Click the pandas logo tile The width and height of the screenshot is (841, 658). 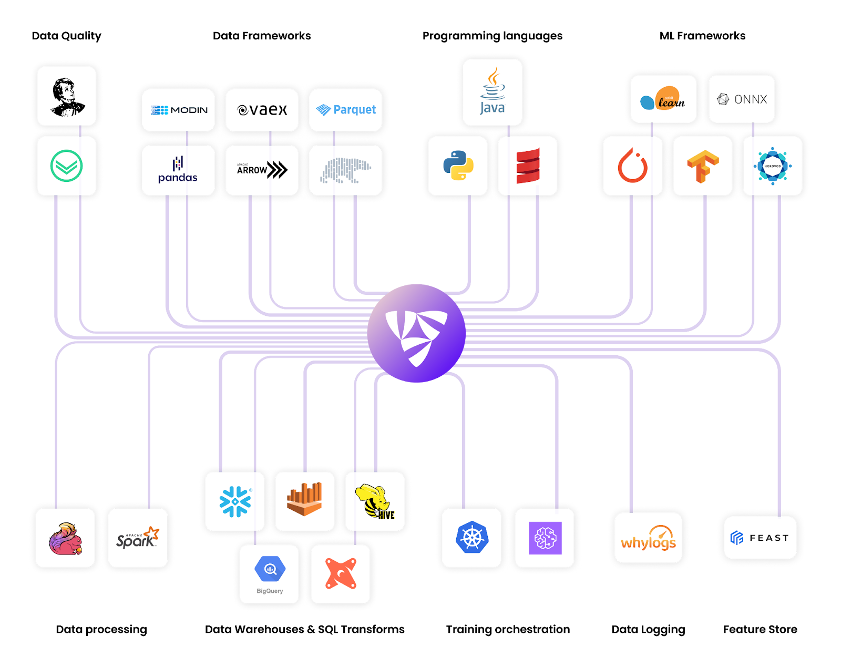point(178,170)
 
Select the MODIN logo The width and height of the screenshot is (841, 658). point(179,110)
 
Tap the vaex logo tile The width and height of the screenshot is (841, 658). point(262,110)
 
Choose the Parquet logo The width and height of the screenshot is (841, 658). point(346,110)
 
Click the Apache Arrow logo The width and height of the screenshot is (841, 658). point(262,170)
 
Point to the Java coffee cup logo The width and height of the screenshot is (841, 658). point(493,92)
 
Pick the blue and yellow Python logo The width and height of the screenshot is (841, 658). point(458,166)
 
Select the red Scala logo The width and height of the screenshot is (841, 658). point(528,166)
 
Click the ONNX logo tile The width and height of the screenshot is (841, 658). point(742,99)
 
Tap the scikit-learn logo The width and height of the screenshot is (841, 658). point(663,99)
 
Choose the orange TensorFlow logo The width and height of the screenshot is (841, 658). point(703,166)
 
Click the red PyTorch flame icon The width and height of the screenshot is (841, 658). point(632,166)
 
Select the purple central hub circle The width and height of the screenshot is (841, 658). point(416,333)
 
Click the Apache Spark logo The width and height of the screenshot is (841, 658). point(138,538)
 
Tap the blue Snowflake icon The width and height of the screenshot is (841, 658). point(235,501)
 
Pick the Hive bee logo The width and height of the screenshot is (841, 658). point(375,501)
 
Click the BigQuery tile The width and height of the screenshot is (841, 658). point(270,574)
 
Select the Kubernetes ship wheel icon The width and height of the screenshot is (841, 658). point(472,538)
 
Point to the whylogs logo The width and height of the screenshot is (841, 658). point(648,538)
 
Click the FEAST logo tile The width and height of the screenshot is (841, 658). point(760,538)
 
